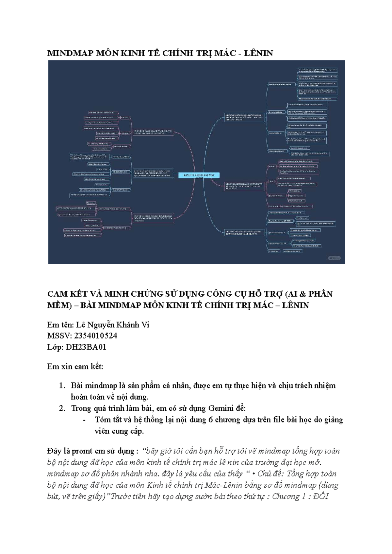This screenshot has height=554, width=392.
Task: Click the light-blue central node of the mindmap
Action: click(x=199, y=176)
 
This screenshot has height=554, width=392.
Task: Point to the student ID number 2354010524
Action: click(x=95, y=336)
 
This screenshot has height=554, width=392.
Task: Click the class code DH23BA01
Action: click(x=86, y=347)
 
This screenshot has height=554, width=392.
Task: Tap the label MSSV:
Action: click(x=59, y=336)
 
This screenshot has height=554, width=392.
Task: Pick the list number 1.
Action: click(x=62, y=386)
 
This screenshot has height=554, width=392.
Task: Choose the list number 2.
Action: click(x=62, y=408)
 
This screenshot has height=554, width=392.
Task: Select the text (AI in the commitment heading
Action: click(x=291, y=294)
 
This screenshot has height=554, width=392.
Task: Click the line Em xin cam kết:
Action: click(x=75, y=366)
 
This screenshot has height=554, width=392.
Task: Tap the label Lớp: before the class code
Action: click(x=55, y=347)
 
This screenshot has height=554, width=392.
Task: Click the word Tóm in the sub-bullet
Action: click(x=102, y=420)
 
